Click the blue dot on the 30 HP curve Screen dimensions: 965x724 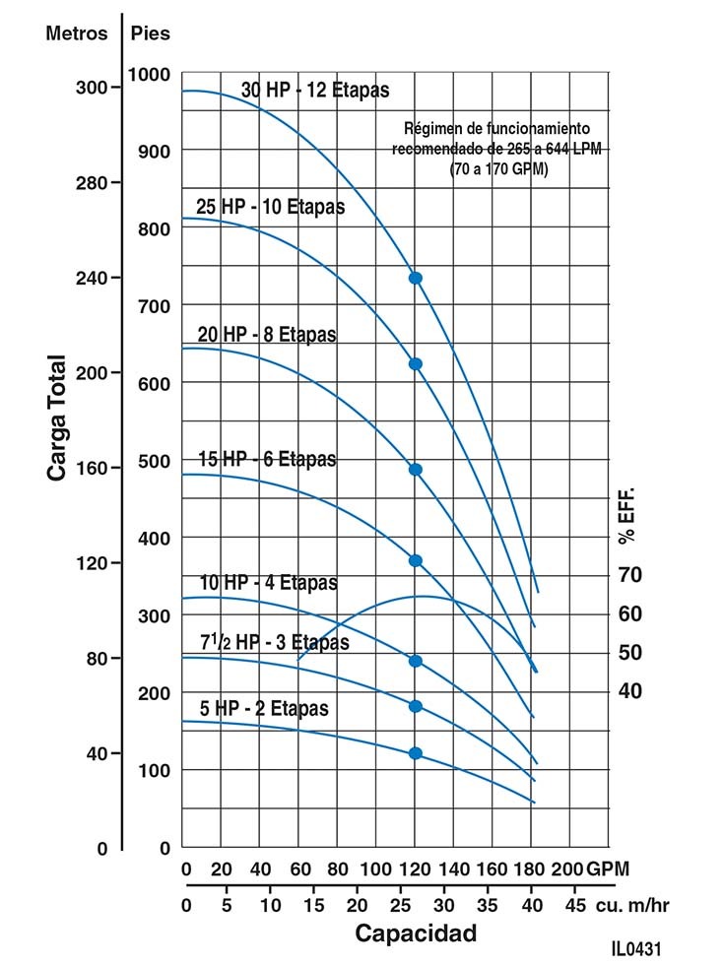pos(416,278)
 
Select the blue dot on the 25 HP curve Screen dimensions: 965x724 pos(416,364)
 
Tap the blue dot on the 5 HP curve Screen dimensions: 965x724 pos(416,753)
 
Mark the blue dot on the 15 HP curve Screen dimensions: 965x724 pos(416,560)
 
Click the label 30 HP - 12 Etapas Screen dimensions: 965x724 pos(315,91)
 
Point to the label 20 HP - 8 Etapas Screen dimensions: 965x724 pos(266,335)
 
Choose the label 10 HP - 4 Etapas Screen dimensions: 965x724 pos(268,583)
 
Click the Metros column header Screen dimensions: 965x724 pos(77,33)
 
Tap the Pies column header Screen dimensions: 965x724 pos(151,33)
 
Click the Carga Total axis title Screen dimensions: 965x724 pos(57,418)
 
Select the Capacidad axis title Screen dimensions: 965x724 pos(416,933)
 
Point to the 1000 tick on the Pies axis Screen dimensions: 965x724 pos(149,75)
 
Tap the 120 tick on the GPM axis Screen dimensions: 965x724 pos(415,869)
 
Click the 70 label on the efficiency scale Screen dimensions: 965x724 pos(630,574)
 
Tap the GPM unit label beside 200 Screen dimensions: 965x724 pos(608,869)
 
